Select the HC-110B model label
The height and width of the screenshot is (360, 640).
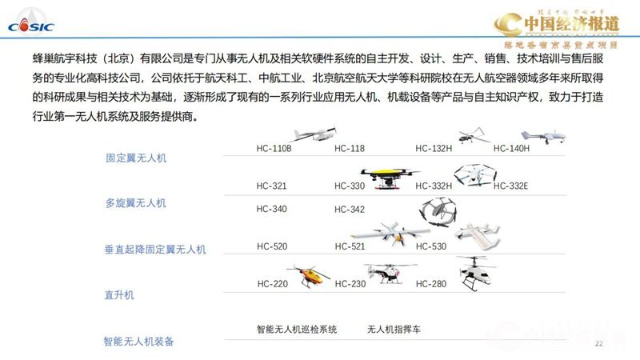pos(274,148)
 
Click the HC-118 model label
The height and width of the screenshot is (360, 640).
pos(350,148)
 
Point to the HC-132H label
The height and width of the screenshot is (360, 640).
pos(434,148)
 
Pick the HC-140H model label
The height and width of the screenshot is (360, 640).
pos(511,148)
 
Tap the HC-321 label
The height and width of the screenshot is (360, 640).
pos(272,186)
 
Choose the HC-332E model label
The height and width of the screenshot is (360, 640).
pos(511,186)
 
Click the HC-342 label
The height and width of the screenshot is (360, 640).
pos(350,210)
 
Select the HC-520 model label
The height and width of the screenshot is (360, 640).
pos(272,246)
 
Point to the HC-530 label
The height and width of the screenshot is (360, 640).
pos(431,246)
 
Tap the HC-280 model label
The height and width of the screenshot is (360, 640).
pos(431,284)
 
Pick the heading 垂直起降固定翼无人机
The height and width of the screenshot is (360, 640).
pos(155,249)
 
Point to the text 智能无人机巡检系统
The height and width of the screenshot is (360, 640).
pos(297,329)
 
